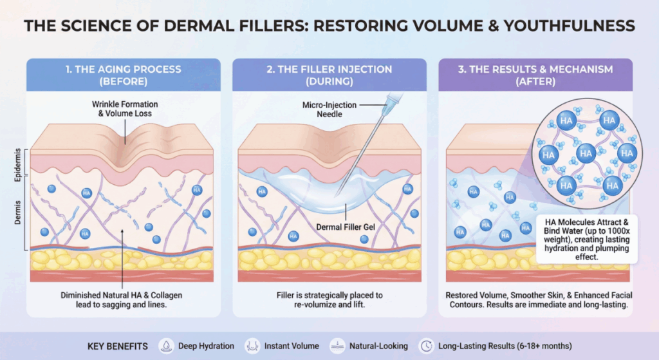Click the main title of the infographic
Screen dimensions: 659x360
[x=329, y=26]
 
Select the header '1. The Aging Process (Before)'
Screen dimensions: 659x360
[x=124, y=75]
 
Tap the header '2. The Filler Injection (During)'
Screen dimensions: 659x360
[x=329, y=75]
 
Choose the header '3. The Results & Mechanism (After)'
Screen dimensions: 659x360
[x=535, y=75]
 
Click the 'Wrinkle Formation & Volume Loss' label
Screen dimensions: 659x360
[x=125, y=108]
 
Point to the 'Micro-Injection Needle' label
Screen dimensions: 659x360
[x=329, y=109]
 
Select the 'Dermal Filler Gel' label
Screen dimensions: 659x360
[x=346, y=227]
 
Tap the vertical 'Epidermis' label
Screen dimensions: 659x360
[x=17, y=165]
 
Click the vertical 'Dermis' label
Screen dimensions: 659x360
[x=17, y=213]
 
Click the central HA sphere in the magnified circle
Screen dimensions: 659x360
[x=586, y=153]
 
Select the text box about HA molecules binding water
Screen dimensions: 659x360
[x=587, y=240]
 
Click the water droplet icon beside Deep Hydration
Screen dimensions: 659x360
[x=167, y=346]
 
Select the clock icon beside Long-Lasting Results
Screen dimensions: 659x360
[x=426, y=346]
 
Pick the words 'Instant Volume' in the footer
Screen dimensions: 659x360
[x=292, y=346]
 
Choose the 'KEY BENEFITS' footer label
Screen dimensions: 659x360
[x=118, y=346]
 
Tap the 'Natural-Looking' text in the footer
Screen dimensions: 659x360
[x=378, y=346]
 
